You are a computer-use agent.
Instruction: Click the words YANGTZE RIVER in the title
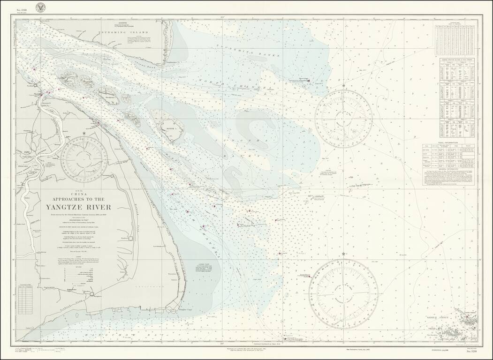pyautogui.click(x=78, y=207)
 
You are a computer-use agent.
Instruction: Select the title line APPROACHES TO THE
pyautogui.click(x=78, y=197)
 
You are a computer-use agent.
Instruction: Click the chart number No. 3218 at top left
pyautogui.click(x=22, y=10)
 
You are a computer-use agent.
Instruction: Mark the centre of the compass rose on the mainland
pyautogui.click(x=84, y=159)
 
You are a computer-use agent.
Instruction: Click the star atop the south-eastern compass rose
pyautogui.click(x=344, y=254)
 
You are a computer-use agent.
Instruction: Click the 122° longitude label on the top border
pyautogui.click(x=220, y=18)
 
